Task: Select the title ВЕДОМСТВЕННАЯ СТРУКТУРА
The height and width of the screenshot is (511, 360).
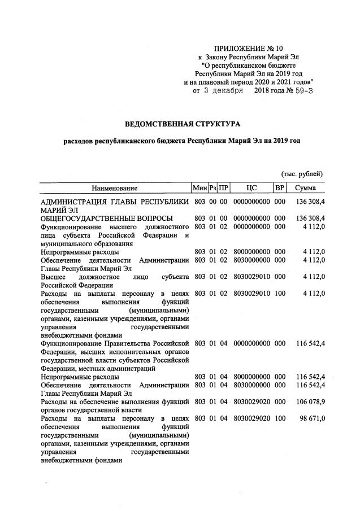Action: tap(183, 123)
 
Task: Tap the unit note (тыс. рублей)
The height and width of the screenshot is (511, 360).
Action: tap(302, 174)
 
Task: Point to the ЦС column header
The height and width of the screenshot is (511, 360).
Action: tap(252, 187)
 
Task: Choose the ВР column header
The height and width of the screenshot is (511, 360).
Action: tap(280, 187)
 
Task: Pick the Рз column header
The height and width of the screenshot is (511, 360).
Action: tap(212, 187)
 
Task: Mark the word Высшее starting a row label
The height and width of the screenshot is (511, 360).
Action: tap(53, 277)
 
